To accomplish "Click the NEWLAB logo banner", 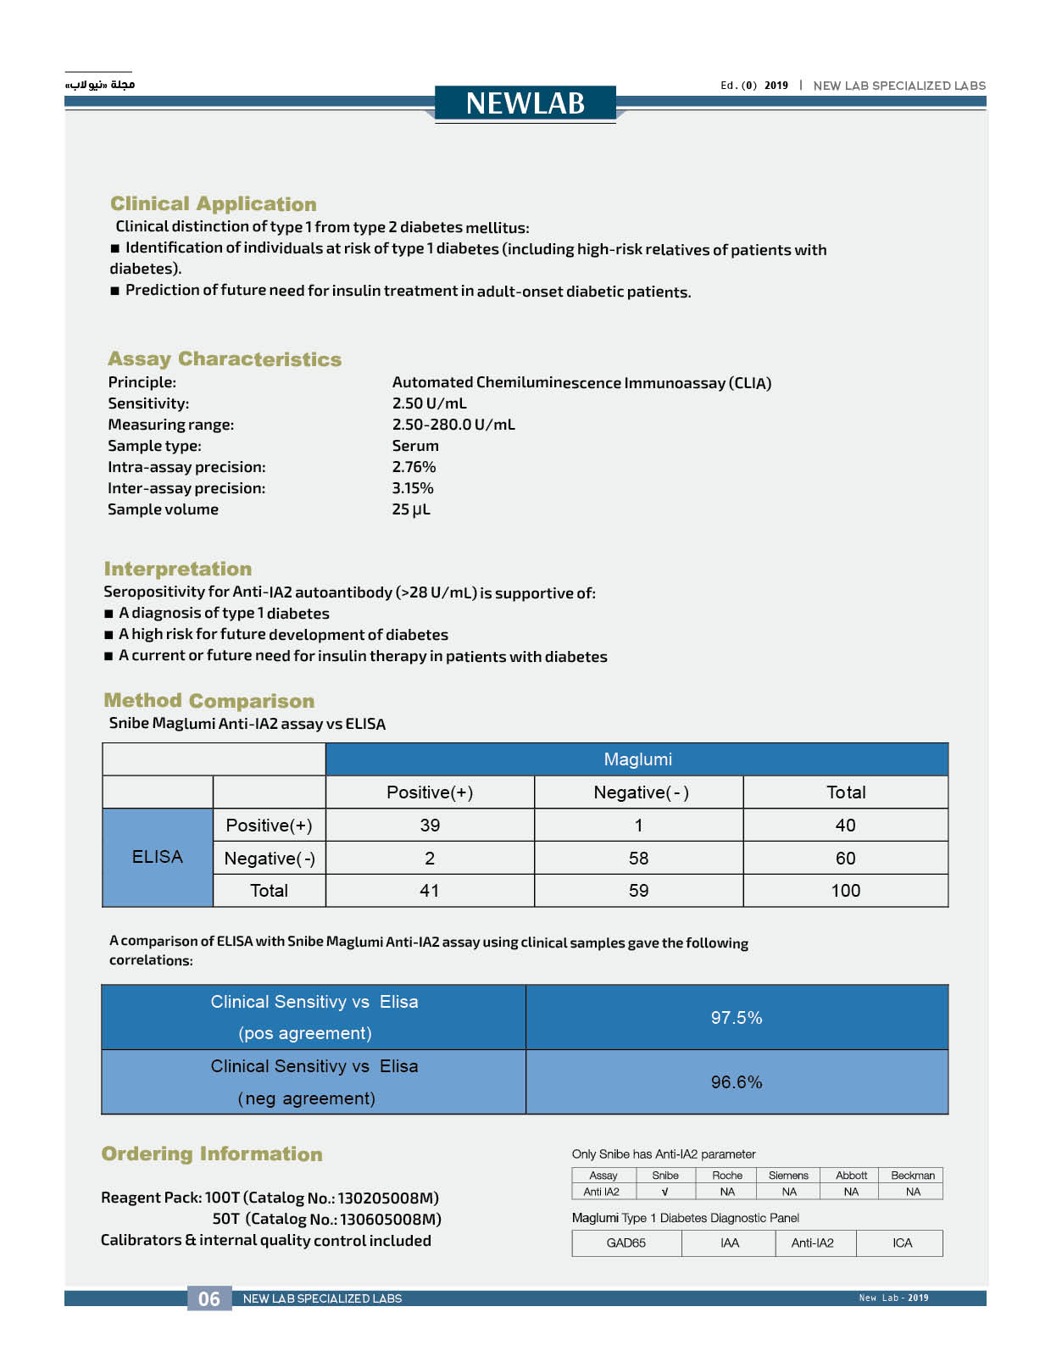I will coord(525,103).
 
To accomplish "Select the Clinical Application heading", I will coord(213,204).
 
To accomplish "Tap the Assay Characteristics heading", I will coord(225,359).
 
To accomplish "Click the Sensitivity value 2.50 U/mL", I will coord(429,403).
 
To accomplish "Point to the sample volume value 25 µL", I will coord(411,509).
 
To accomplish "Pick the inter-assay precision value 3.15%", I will coord(413,488).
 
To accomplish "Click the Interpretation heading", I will coord(178,569).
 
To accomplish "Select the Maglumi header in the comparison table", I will coord(637,759).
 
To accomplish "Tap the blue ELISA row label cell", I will coord(157,857).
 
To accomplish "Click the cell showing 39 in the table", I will coord(430,826).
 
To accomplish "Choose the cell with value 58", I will coord(638,859).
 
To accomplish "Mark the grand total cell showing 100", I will coord(845,891).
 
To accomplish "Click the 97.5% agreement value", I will coord(737,1018).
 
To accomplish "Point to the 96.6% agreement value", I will coord(737,1082).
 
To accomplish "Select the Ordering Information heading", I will coord(212,1154).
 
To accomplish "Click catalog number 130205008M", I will coord(388,1198).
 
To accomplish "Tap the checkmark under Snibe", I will coord(665,1192).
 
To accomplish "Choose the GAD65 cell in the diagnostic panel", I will coord(626,1243).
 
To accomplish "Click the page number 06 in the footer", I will coord(209,1298).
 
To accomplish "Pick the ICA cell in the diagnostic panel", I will coord(902,1243).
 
